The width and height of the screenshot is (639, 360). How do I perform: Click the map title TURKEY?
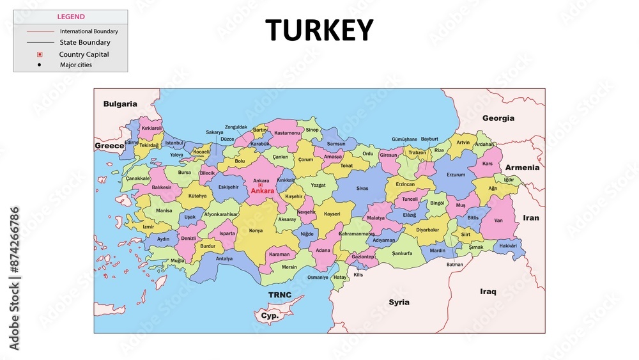pyautogui.click(x=319, y=30)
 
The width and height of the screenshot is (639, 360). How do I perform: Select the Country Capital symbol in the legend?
pyautogui.click(x=40, y=54)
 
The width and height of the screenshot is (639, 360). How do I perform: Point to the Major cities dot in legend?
pyautogui.click(x=40, y=65)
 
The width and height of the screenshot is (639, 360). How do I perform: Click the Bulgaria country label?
pyautogui.click(x=120, y=104)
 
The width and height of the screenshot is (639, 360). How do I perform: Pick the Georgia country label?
pyautogui.click(x=498, y=118)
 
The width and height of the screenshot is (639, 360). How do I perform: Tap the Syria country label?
pyautogui.click(x=399, y=302)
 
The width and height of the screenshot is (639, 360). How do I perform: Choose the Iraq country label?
pyautogui.click(x=488, y=292)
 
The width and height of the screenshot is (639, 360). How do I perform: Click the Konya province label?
pyautogui.click(x=256, y=230)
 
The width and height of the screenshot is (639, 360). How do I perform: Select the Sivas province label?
pyautogui.click(x=362, y=189)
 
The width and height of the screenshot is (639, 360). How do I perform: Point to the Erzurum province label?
pyautogui.click(x=456, y=175)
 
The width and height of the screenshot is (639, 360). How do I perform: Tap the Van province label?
pyautogui.click(x=499, y=221)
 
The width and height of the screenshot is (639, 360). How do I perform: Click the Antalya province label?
pyautogui.click(x=224, y=259)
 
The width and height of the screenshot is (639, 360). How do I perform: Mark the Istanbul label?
pyautogui.click(x=174, y=143)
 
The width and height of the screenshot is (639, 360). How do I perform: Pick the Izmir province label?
pyautogui.click(x=148, y=227)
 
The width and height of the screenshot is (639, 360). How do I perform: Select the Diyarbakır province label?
pyautogui.click(x=427, y=230)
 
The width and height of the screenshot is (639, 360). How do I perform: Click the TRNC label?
pyautogui.click(x=279, y=295)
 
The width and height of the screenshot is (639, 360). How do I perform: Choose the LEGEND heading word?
pyautogui.click(x=70, y=17)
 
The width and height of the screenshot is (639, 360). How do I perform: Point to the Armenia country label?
pyautogui.click(x=522, y=168)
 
